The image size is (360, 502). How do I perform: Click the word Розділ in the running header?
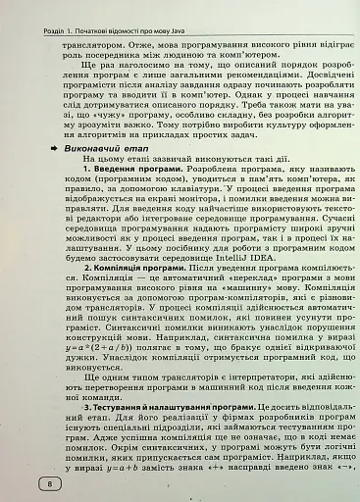coord(20,8)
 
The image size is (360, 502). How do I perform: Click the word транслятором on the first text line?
coord(93,46)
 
